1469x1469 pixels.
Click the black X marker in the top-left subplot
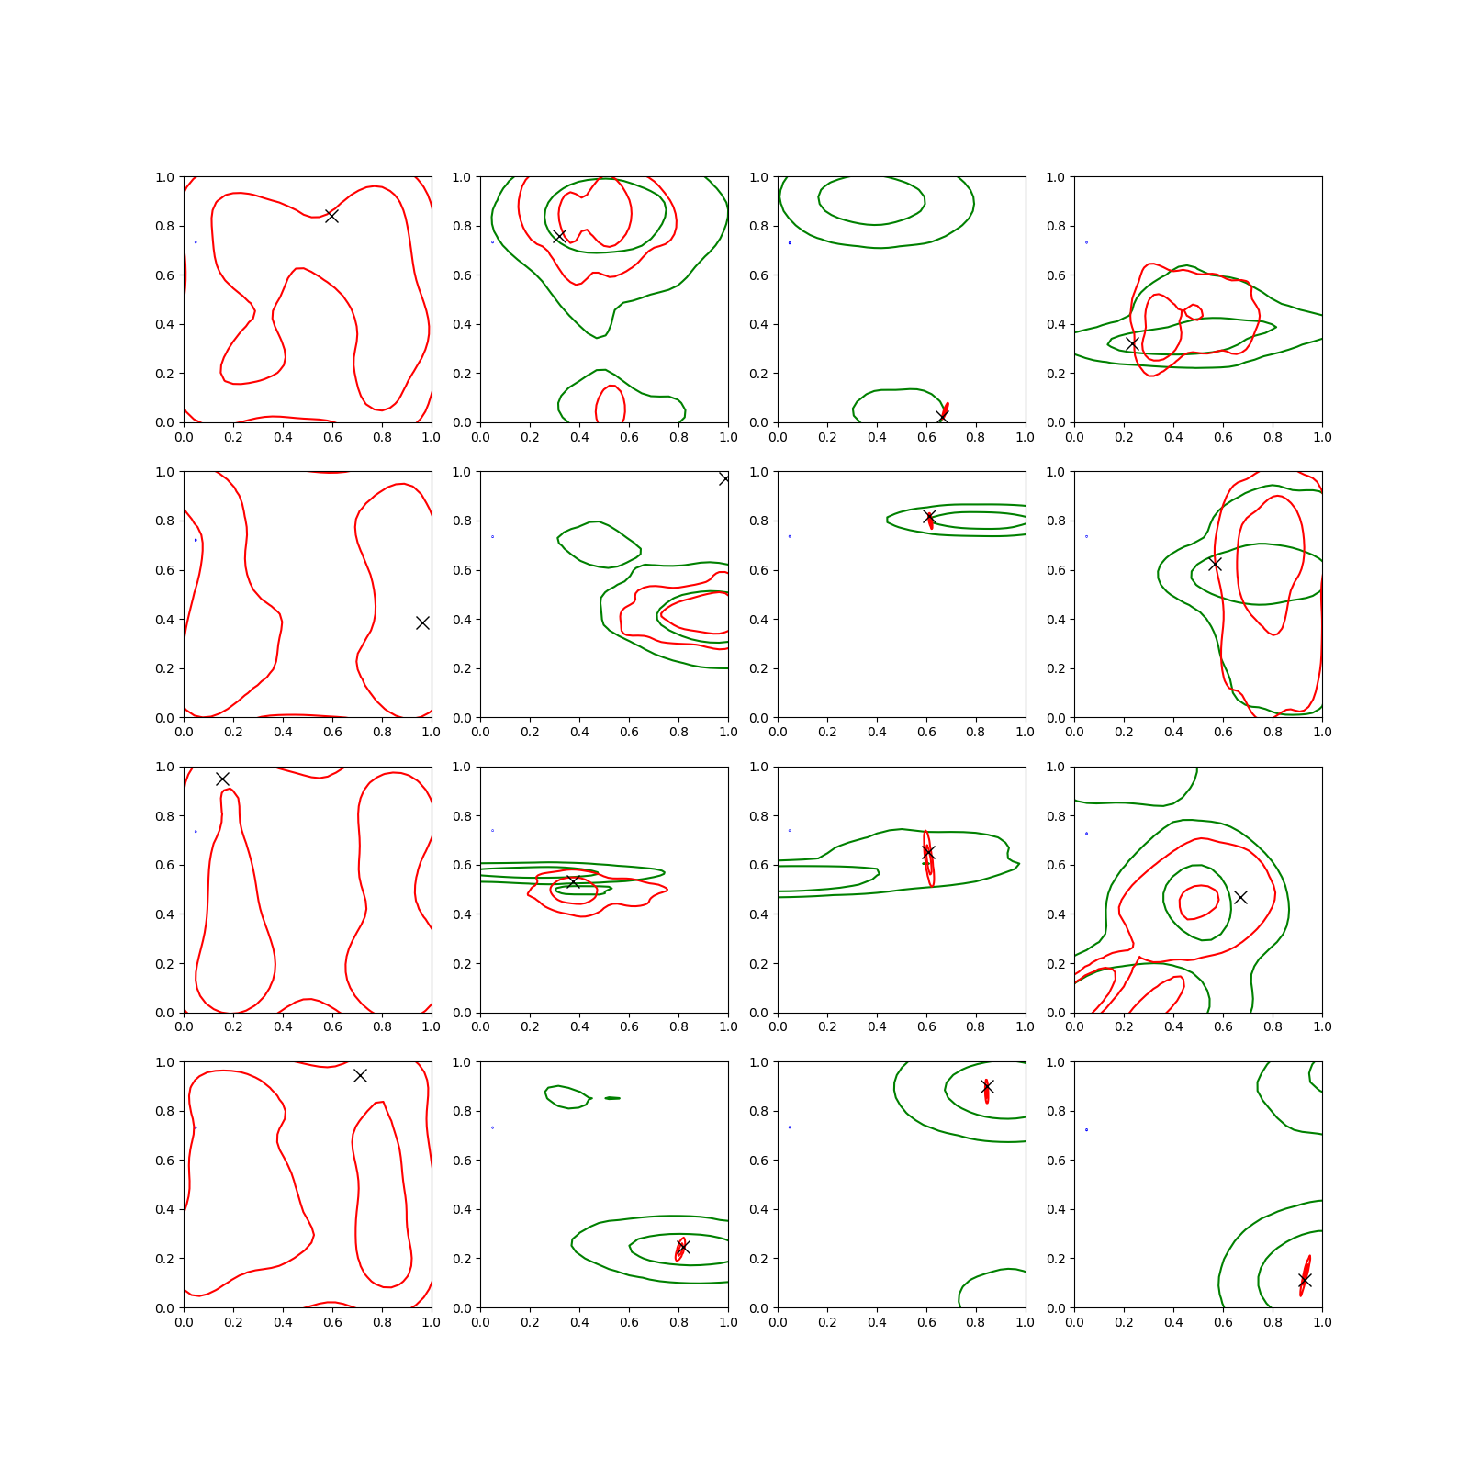click(x=331, y=216)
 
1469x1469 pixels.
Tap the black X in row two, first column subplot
click(x=422, y=622)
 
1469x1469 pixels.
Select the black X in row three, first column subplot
click(x=222, y=779)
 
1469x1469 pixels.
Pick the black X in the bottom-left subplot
click(x=360, y=1075)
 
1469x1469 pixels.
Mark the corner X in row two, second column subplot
click(x=724, y=478)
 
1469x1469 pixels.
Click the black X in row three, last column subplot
click(x=1240, y=897)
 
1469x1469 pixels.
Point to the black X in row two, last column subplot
click(x=1215, y=564)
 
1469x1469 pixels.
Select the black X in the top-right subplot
click(x=1132, y=343)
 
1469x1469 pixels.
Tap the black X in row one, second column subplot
click(x=559, y=236)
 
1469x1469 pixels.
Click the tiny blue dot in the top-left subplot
click(x=196, y=242)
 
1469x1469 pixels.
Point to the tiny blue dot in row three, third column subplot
click(x=790, y=831)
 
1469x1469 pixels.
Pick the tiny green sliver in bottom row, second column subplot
click(x=612, y=1098)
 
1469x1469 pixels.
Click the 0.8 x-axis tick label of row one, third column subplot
click(x=976, y=437)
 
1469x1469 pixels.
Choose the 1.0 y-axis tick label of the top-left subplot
click(x=165, y=177)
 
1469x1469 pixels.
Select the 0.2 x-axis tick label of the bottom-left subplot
click(x=233, y=1322)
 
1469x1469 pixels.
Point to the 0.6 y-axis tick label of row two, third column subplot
click(x=759, y=570)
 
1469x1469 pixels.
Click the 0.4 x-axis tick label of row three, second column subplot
click(x=579, y=1026)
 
